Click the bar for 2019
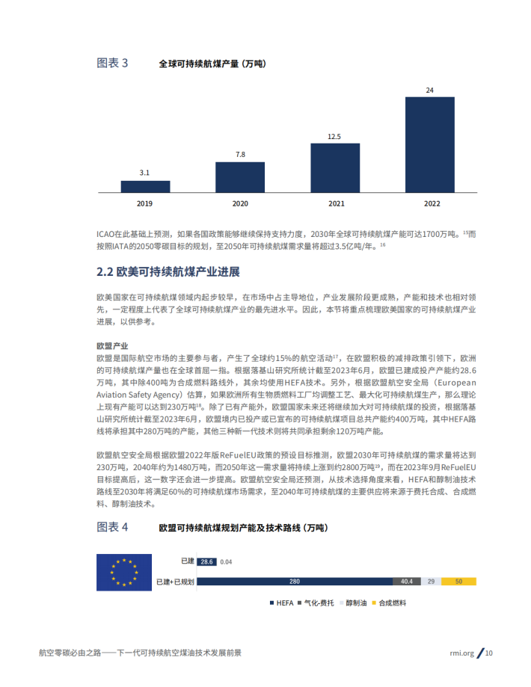pyautogui.click(x=145, y=186)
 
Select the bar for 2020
pyautogui.click(x=239, y=177)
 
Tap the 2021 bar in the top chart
pyautogui.click(x=334, y=167)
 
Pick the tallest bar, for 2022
pyautogui.click(x=429, y=144)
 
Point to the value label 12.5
pyautogui.click(x=334, y=137)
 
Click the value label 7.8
pyautogui.click(x=240, y=155)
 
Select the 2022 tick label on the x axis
pyautogui.click(x=429, y=203)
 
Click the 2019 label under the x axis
pyautogui.click(x=145, y=203)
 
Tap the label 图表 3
pyautogui.click(x=112, y=64)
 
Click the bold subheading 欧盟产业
pyautogui.click(x=112, y=347)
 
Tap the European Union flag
pyautogui.click(x=124, y=573)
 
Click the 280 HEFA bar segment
pyautogui.click(x=294, y=581)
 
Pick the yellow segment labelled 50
pyautogui.click(x=458, y=581)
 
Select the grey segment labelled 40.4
pyautogui.click(x=407, y=581)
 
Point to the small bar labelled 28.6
pyautogui.click(x=207, y=561)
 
